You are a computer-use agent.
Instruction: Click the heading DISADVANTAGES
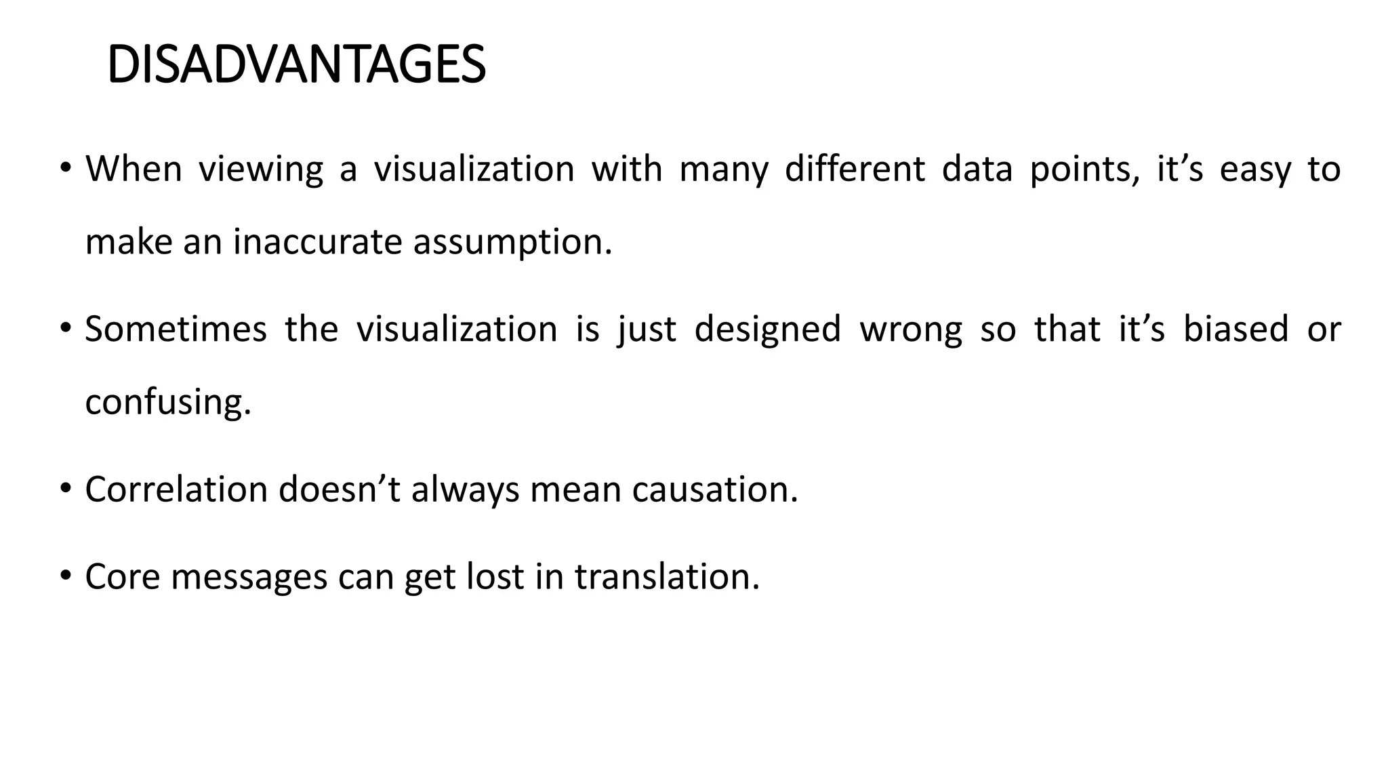pyautogui.click(x=296, y=65)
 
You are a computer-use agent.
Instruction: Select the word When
pyautogui.click(x=134, y=169)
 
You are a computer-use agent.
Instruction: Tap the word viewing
pyautogui.click(x=260, y=169)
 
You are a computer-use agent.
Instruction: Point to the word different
pyautogui.click(x=854, y=169)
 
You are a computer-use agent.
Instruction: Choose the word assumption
pyautogui.click(x=512, y=242)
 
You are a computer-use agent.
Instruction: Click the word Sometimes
pyautogui.click(x=176, y=329)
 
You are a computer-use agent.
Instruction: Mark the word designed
pyautogui.click(x=767, y=329)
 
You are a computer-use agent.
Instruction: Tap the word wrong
pyautogui.click(x=910, y=329)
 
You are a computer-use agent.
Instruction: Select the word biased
pyautogui.click(x=1236, y=329)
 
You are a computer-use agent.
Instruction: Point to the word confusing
pyautogui.click(x=168, y=402)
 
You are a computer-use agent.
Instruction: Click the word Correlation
pyautogui.click(x=176, y=489)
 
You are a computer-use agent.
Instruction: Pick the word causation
pyautogui.click(x=715, y=489)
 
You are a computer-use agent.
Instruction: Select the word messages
pyautogui.click(x=249, y=577)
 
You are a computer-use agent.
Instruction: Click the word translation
pyautogui.click(x=667, y=577)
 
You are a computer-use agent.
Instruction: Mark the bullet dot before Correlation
pyautogui.click(x=65, y=488)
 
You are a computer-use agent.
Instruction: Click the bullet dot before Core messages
pyautogui.click(x=65, y=576)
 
